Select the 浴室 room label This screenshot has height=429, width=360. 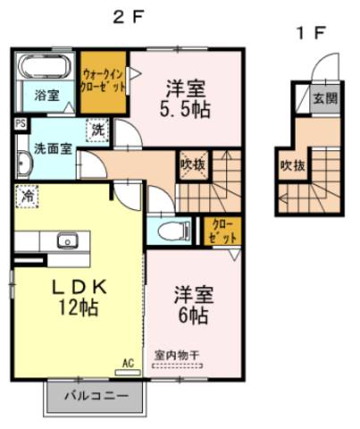coord(46,95)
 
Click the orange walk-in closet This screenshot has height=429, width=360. coord(103,85)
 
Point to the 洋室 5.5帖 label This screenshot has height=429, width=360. coord(186,99)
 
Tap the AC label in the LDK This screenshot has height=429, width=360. coord(128,363)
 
